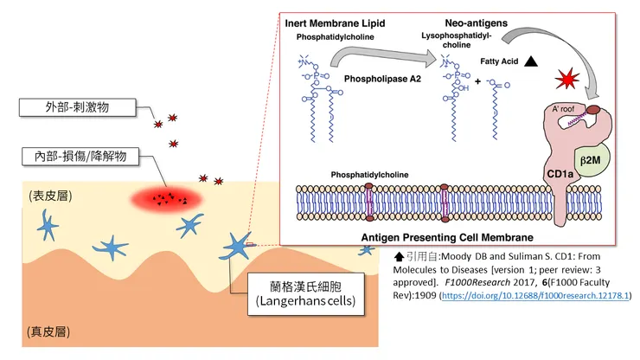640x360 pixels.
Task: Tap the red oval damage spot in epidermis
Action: [166, 199]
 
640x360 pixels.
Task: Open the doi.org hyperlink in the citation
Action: [535, 296]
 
